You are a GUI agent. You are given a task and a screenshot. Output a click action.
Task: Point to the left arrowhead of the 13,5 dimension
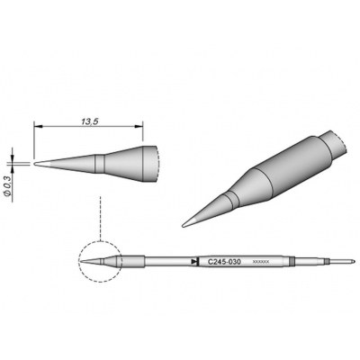pos(38,126)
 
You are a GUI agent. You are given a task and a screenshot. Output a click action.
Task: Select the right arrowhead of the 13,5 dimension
pos(155,126)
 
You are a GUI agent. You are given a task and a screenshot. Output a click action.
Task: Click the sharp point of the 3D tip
pos(184,223)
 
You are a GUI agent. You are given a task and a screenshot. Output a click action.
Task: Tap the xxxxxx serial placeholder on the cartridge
pos(261,262)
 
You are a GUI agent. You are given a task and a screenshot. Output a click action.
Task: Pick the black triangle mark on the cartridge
pos(195,262)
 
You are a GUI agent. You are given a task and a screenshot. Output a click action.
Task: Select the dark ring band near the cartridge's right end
pos(296,262)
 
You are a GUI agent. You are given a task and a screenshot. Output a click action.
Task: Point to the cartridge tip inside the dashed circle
pos(88,262)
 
